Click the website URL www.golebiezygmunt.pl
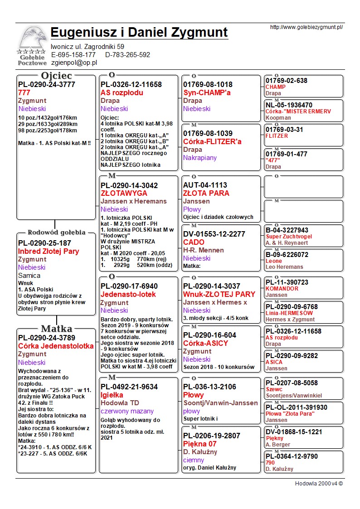pyautogui.click(x=306, y=27)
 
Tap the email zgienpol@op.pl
pyautogui.click(x=74, y=63)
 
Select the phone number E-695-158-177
pyautogui.click(x=73, y=55)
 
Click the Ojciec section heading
pyautogui.click(x=56, y=75)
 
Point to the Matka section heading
pyautogui.click(x=56, y=329)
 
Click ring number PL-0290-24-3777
pyautogui.click(x=47, y=84)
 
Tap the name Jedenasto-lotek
pyautogui.click(x=129, y=294)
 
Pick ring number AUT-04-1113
pyautogui.click(x=205, y=185)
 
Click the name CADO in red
pyautogui.click(x=194, y=242)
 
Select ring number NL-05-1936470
pyautogui.click(x=289, y=105)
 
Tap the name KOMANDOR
pyautogui.click(x=282, y=289)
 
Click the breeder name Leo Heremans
pyautogui.click(x=284, y=267)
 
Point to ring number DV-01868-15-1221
pyautogui.click(x=294, y=432)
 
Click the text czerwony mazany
pyautogui.click(x=126, y=411)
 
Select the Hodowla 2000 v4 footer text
pyautogui.click(x=319, y=483)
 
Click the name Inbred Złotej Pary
pyautogui.click(x=49, y=251)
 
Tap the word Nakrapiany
pyautogui.click(x=200, y=158)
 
